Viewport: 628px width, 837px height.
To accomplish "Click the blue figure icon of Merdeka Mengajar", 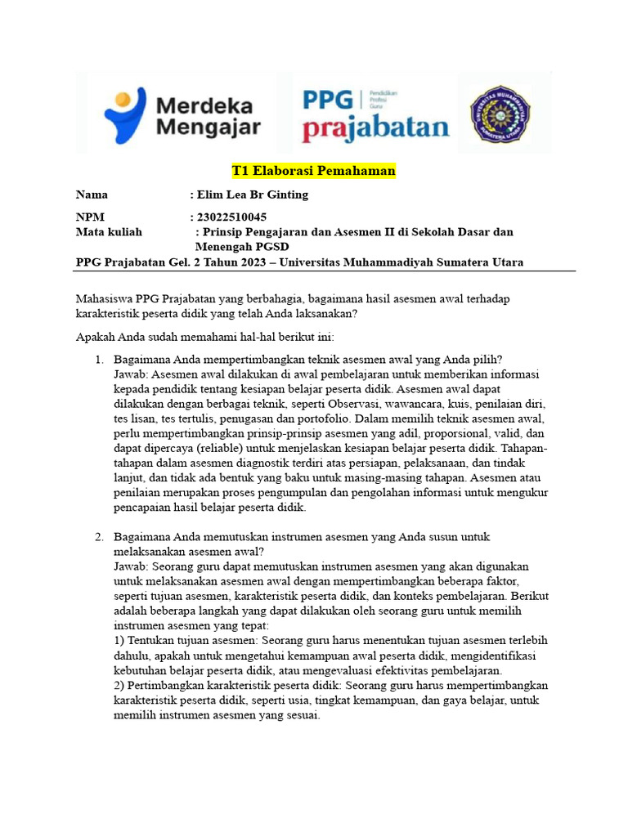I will point(124,114).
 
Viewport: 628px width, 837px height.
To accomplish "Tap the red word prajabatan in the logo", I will point(375,128).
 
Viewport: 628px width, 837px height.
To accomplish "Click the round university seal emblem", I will point(500,113).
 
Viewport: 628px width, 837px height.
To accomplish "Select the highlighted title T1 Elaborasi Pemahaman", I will point(314,171).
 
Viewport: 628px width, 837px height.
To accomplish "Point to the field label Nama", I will point(92,195).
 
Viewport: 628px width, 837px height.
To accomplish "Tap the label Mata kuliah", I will point(109,232).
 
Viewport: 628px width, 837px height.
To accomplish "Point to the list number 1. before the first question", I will point(98,360).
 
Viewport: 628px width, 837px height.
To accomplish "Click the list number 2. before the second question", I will point(98,536).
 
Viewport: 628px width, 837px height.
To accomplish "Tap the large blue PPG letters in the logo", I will point(328,101).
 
